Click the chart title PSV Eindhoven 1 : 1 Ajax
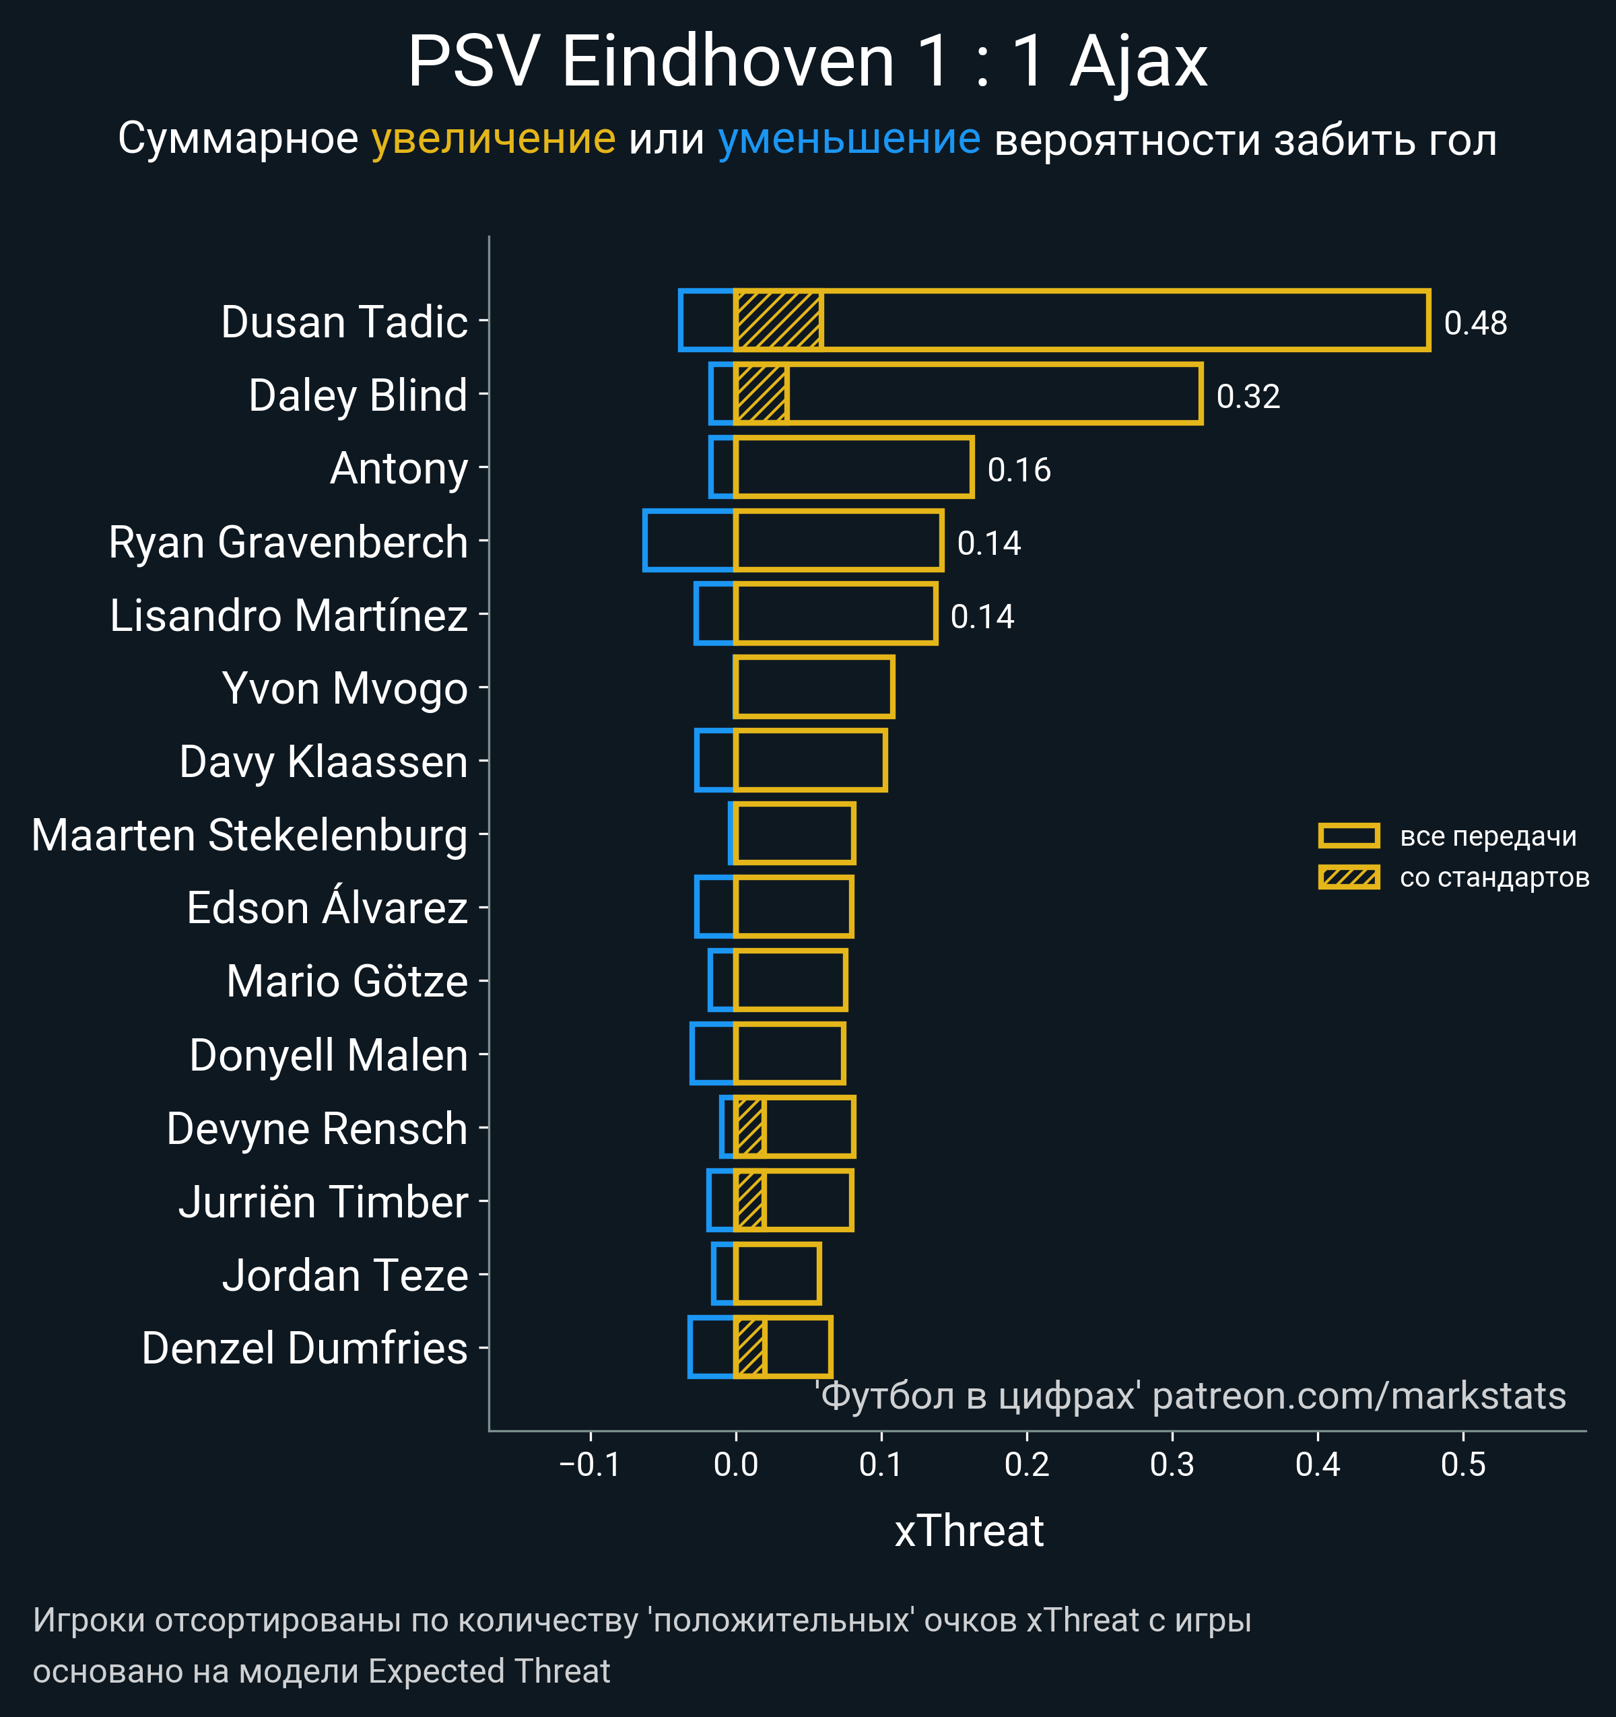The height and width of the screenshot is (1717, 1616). (807, 62)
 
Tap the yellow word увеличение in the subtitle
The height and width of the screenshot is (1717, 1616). (493, 139)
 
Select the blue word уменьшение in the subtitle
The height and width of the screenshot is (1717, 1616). (849, 139)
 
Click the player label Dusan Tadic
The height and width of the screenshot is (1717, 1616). (344, 322)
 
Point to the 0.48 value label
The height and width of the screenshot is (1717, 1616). (1475, 323)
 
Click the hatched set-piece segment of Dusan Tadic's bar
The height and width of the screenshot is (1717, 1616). (777, 321)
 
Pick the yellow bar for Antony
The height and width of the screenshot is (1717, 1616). (853, 467)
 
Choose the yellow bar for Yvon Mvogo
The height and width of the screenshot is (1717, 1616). (813, 687)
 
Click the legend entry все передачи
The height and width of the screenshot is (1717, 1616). (1487, 836)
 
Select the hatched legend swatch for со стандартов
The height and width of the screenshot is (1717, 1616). (1348, 877)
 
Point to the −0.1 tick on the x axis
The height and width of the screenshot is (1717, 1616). (590, 1464)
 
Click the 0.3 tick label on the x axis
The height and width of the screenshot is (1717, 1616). (1172, 1464)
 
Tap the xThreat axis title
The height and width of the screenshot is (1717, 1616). (969, 1531)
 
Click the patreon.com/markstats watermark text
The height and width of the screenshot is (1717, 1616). (1359, 1396)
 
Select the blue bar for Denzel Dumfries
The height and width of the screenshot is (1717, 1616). (712, 1347)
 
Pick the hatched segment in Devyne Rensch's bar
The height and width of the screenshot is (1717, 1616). (749, 1127)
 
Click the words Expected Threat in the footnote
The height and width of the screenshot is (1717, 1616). (489, 1671)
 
